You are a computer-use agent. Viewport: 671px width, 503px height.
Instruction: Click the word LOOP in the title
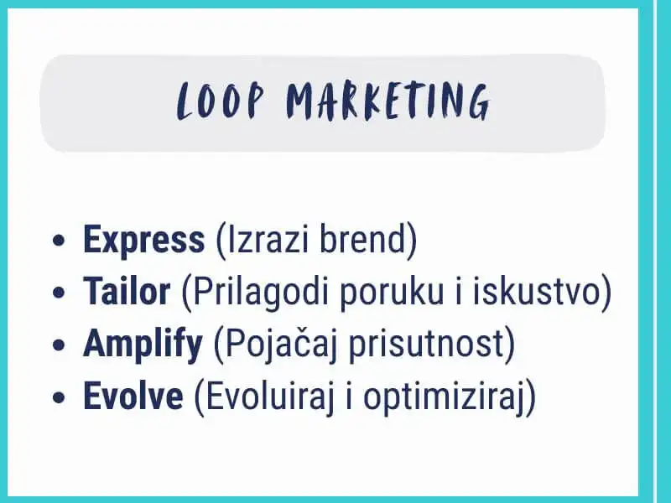(220, 101)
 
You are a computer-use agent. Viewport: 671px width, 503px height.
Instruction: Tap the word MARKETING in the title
(388, 101)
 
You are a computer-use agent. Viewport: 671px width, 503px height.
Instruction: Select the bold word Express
(143, 241)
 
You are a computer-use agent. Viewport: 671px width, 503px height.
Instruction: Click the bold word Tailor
(127, 291)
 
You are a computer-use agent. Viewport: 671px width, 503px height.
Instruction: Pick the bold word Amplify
(143, 345)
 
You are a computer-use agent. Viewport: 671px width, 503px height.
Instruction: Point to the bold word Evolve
(133, 396)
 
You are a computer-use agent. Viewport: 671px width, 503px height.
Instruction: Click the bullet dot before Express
(59, 241)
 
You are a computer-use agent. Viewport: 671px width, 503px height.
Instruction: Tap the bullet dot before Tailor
(59, 293)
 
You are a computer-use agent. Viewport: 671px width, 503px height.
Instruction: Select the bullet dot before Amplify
(59, 345)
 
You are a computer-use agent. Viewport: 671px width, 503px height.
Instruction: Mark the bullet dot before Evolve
(59, 397)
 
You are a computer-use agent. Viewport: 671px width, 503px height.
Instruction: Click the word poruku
(391, 293)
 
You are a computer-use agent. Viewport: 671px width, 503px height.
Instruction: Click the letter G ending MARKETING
(478, 102)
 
